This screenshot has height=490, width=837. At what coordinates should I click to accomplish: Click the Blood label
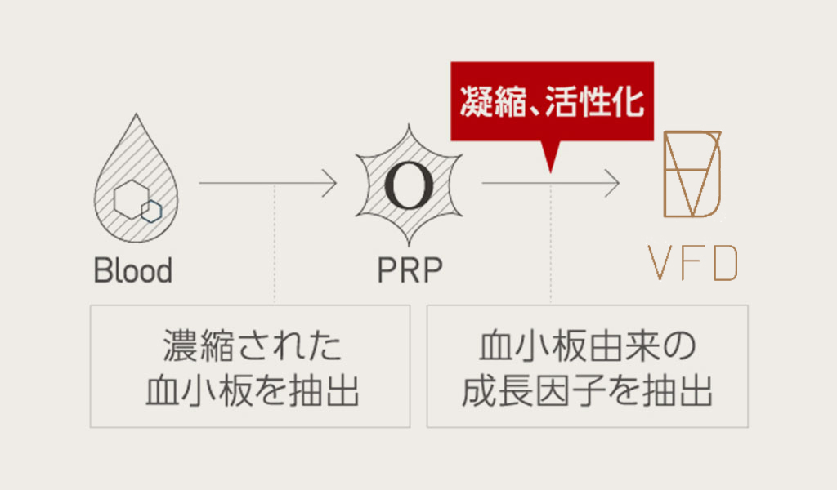[x=133, y=270]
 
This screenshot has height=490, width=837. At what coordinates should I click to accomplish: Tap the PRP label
[x=410, y=270]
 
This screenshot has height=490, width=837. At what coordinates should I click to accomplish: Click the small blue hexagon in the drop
[x=151, y=210]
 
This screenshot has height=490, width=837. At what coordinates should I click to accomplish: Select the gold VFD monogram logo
[x=693, y=174]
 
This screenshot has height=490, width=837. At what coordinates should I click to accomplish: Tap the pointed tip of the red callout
[x=551, y=167]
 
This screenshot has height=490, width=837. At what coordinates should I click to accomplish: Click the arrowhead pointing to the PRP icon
[x=331, y=183]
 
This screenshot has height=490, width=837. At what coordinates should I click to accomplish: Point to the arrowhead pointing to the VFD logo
[x=614, y=183]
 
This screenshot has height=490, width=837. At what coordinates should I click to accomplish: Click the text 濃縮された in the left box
[x=251, y=347]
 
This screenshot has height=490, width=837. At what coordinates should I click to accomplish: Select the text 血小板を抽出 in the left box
[x=251, y=391]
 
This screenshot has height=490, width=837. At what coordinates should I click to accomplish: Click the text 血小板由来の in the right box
[x=587, y=347]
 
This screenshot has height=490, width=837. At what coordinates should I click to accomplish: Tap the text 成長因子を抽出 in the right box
[x=587, y=391]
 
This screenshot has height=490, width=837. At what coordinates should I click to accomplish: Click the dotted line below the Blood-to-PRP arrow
[x=275, y=245]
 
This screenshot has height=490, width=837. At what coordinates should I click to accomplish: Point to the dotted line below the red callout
[x=551, y=245]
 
